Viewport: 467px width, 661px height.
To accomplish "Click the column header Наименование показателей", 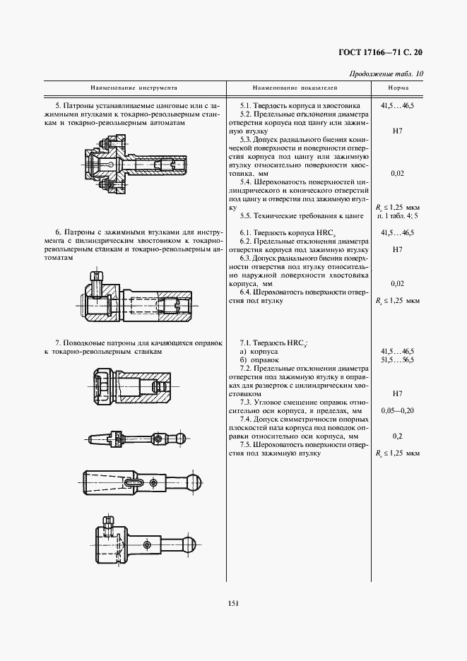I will point(295,90).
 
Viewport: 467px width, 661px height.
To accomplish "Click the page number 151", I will point(233,602).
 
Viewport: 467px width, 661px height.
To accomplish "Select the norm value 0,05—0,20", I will point(397,410).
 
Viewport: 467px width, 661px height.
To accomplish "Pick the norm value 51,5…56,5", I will point(397,360).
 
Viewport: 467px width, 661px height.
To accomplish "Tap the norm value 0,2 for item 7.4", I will point(397,436).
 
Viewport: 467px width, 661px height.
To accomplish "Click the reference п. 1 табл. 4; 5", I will point(398,215).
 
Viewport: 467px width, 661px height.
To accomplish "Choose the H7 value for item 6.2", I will point(397,250).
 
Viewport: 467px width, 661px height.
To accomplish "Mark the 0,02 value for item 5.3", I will point(397,173).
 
